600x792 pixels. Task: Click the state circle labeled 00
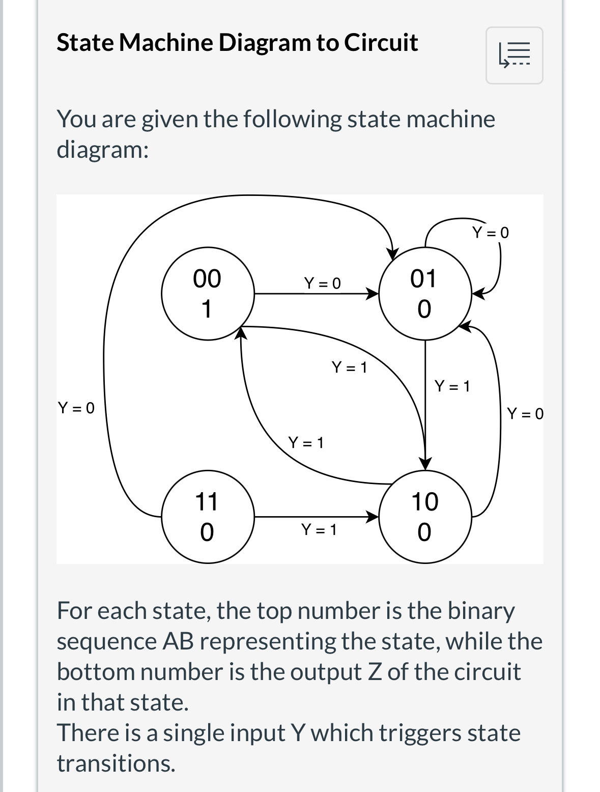pyautogui.click(x=208, y=294)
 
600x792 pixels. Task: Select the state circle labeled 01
pyautogui.click(x=425, y=294)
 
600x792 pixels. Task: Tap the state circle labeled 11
pyautogui.click(x=208, y=517)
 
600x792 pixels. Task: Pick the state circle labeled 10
pyautogui.click(x=425, y=517)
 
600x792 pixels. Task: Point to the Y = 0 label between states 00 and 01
pyautogui.click(x=322, y=283)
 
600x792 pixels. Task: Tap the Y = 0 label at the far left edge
pyautogui.click(x=76, y=408)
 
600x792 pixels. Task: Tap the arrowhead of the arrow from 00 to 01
pyautogui.click(x=374, y=294)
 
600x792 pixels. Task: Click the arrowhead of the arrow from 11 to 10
pyautogui.click(x=374, y=517)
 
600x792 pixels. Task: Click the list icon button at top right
pyautogui.click(x=515, y=55)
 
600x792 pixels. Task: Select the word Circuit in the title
pyautogui.click(x=381, y=42)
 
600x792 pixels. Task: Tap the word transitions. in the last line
pyautogui.click(x=116, y=763)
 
